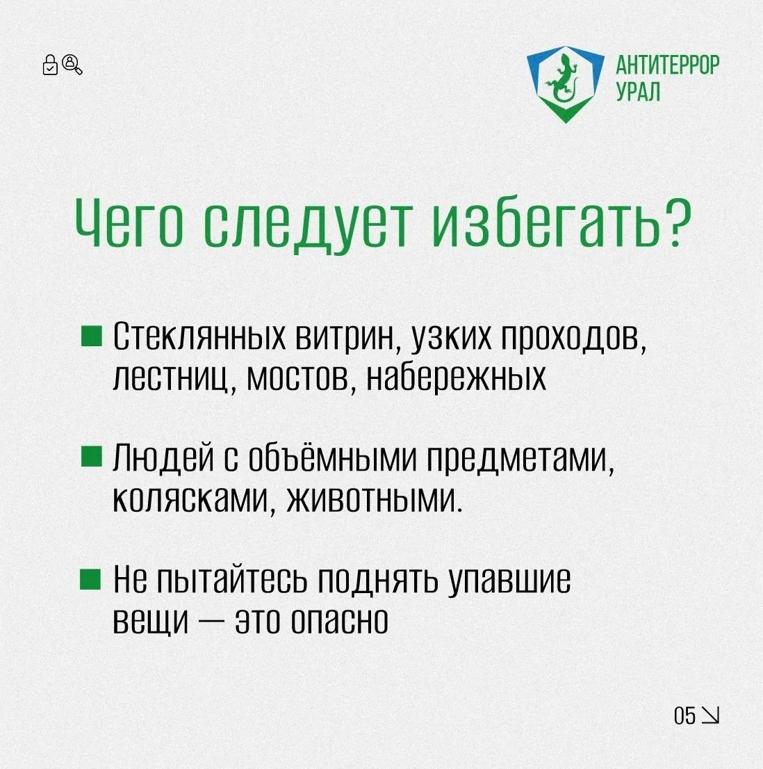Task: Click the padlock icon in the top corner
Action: pyautogui.click(x=50, y=65)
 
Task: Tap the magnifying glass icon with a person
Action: pyautogui.click(x=72, y=64)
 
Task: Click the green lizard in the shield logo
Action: pyautogui.click(x=564, y=79)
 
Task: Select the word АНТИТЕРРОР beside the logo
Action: pyautogui.click(x=667, y=66)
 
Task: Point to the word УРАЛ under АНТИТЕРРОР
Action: pyautogui.click(x=638, y=91)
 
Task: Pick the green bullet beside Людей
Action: pyautogui.click(x=92, y=456)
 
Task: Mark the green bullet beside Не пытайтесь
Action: pyautogui.click(x=90, y=578)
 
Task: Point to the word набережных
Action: pyautogui.click(x=457, y=377)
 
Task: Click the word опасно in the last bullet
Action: pyautogui.click(x=339, y=620)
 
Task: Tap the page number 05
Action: pyautogui.click(x=684, y=715)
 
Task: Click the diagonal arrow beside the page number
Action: pyautogui.click(x=710, y=715)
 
